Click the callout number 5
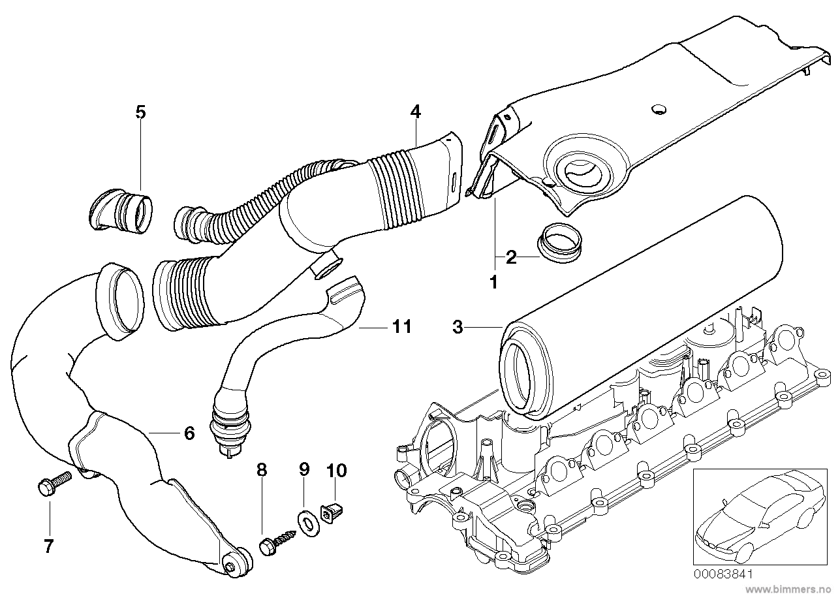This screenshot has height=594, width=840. (140, 112)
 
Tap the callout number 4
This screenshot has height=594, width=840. (415, 111)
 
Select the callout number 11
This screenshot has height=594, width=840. (402, 326)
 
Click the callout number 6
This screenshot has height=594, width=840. (189, 432)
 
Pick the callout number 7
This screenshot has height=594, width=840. (48, 546)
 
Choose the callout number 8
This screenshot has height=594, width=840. (261, 469)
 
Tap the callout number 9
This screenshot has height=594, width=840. (303, 469)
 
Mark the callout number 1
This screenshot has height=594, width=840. (493, 282)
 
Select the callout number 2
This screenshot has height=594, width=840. (512, 257)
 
